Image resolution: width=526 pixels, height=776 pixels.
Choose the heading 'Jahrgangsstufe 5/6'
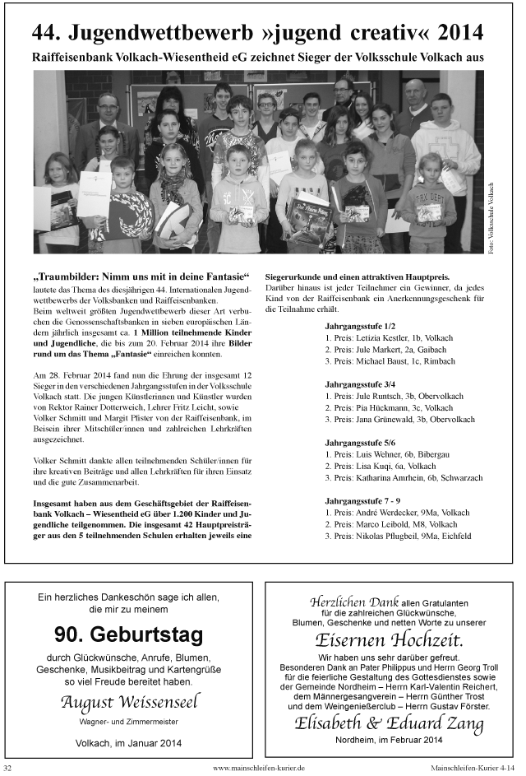pyautogui.click(x=360, y=442)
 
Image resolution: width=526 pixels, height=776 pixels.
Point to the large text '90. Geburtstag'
pyautogui.click(x=128, y=634)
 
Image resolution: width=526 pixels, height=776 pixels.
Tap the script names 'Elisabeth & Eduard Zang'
pyautogui.click(x=389, y=723)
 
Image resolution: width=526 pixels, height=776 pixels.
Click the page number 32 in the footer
pyautogui.click(x=9, y=768)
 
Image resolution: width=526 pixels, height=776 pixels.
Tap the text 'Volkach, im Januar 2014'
pyautogui.click(x=128, y=741)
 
